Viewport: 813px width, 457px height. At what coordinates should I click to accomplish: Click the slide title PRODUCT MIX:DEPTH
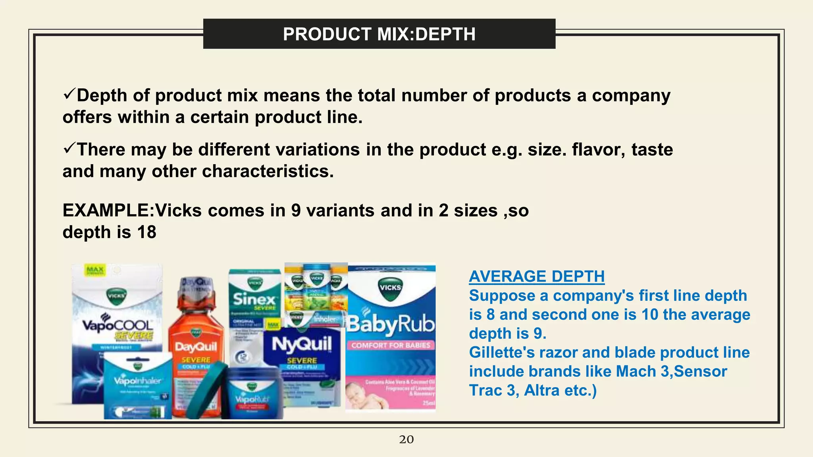click(379, 34)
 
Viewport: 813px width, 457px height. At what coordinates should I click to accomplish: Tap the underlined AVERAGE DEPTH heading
click(537, 277)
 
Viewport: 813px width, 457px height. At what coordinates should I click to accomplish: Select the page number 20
click(406, 440)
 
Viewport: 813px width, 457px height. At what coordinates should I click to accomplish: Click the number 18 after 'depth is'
click(146, 232)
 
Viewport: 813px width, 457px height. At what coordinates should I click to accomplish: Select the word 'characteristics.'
click(268, 171)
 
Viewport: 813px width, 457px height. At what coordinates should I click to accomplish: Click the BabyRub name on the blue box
click(391, 325)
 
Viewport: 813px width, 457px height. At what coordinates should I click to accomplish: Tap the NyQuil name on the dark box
click(302, 344)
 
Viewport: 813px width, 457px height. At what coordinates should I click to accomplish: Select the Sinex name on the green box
click(254, 299)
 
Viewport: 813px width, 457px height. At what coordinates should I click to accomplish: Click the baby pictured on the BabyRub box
click(363, 394)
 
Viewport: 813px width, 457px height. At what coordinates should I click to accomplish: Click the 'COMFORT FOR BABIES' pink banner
click(391, 345)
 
